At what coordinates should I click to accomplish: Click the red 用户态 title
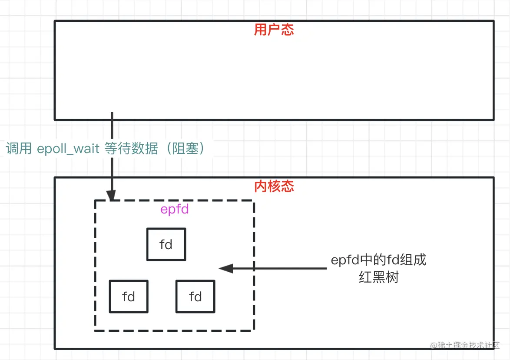[x=274, y=30]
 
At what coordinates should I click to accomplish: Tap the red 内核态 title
[x=274, y=186]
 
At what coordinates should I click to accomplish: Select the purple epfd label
[x=175, y=209]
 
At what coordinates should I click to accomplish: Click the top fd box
[x=166, y=244]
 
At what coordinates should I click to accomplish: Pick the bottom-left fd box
[x=129, y=297]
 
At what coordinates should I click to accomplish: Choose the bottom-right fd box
[x=195, y=297]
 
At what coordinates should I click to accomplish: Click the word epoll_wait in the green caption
[x=69, y=149]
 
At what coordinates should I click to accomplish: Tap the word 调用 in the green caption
[x=19, y=149]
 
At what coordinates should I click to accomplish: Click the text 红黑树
[x=378, y=277]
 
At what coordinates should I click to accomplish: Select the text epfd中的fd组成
[x=378, y=260]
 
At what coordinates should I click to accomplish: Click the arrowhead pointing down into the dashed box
[x=112, y=197]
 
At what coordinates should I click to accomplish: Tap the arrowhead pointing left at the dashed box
[x=225, y=268]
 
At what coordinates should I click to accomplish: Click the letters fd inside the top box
[x=166, y=244]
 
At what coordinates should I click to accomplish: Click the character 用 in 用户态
[x=261, y=30]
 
